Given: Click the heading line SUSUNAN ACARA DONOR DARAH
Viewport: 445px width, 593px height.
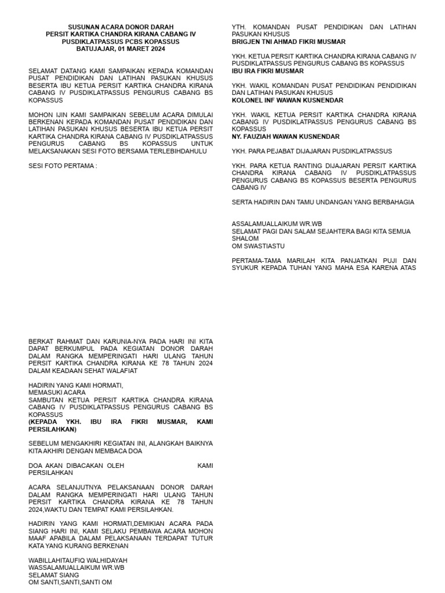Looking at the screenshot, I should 121,27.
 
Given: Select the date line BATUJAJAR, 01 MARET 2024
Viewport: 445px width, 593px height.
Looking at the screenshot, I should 121,49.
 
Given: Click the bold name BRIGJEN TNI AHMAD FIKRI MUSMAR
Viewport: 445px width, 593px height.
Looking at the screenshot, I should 289,42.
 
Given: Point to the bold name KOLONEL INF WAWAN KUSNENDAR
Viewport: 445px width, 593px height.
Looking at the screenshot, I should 287,100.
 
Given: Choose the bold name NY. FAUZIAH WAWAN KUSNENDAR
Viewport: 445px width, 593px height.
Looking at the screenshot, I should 286,137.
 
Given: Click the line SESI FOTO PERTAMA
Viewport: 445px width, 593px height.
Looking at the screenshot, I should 63,166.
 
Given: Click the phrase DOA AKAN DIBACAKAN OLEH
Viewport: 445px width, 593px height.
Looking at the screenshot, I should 76,466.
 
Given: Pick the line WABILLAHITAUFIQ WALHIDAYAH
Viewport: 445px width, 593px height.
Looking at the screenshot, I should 78,561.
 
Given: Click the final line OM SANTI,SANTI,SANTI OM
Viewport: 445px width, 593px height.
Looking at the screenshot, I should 70,583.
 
